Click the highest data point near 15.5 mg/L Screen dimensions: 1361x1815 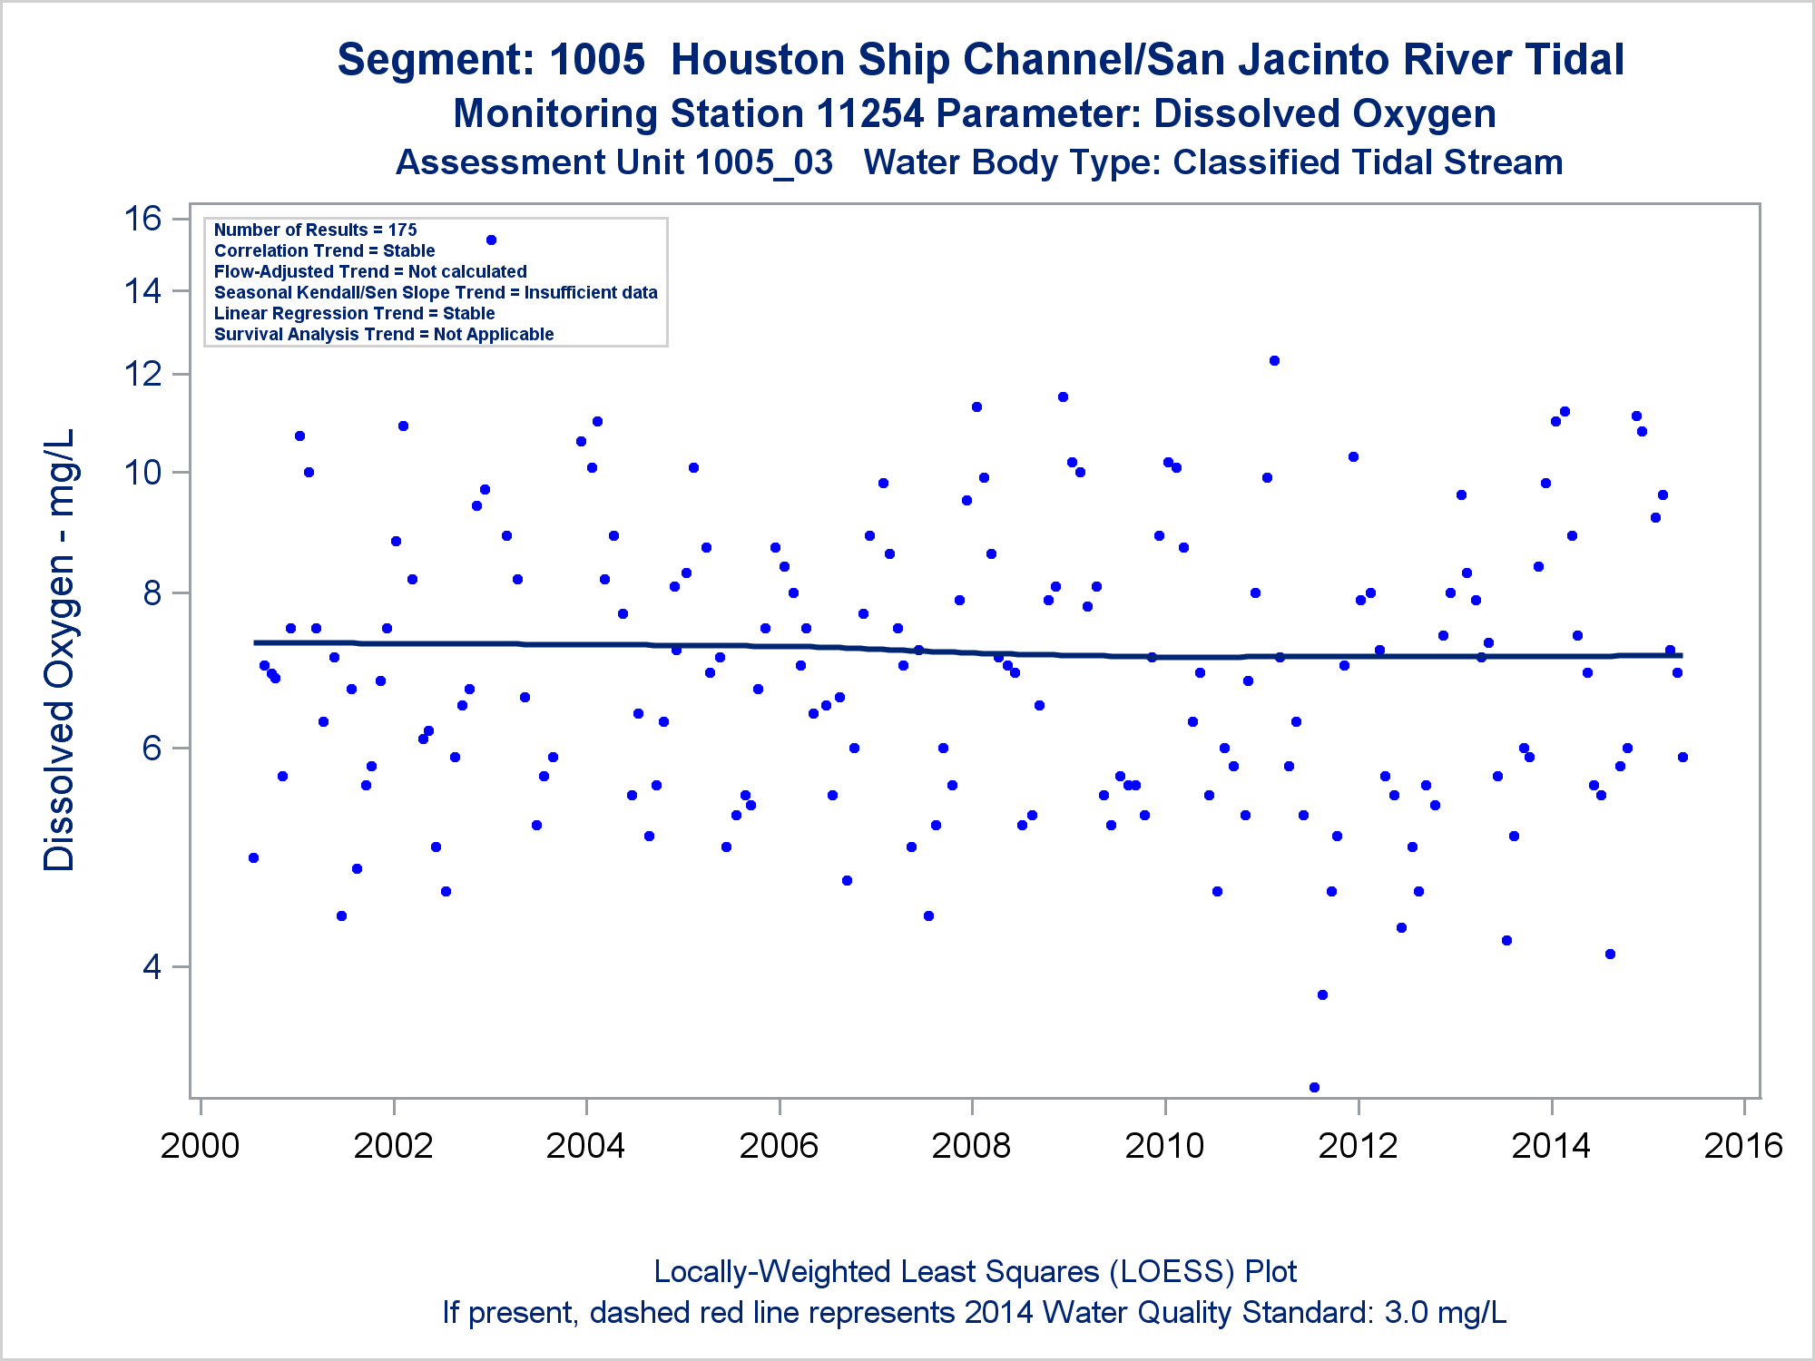tap(491, 240)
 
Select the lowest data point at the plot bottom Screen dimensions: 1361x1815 tap(1314, 1087)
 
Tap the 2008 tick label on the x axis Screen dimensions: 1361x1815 tap(971, 1146)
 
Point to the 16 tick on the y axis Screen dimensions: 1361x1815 tap(142, 219)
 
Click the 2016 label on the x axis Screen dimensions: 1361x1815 tap(1743, 1146)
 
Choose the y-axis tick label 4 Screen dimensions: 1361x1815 tap(152, 967)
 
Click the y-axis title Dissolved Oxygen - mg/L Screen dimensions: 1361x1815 tap(60, 650)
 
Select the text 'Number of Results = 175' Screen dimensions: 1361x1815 tap(315, 230)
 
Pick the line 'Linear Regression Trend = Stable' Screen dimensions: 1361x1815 tap(354, 314)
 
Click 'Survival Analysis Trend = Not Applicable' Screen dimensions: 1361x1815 tap(384, 335)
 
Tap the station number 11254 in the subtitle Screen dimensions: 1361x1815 tap(869, 114)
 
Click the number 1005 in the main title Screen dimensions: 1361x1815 tap(597, 60)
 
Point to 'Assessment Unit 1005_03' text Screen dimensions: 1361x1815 tap(614, 163)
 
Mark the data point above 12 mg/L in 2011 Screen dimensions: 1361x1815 tap(1274, 361)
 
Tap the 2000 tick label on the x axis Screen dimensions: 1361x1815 tap(200, 1146)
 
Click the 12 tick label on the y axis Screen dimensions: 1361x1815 tap(142, 374)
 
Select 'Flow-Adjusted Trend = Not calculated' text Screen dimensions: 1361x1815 tap(370, 272)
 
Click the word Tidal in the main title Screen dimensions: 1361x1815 tap(1574, 60)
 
